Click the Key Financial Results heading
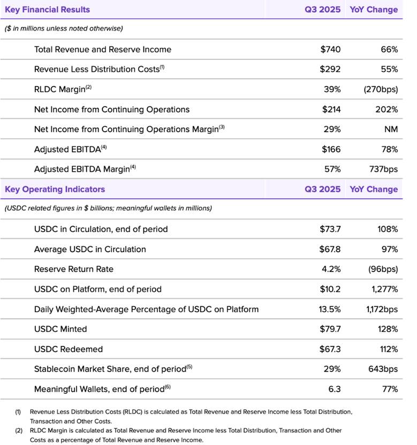pos(47,10)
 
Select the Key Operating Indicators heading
pos(55,189)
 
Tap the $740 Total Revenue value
pos(330,49)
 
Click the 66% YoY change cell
pos(389,49)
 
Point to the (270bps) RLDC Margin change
pos(380,89)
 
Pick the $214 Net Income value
pos(331,109)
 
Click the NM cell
pos(391,129)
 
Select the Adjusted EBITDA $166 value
pos(331,149)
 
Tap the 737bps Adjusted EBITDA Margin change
pos(383,169)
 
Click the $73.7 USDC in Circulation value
pos(330,229)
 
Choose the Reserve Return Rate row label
pos(74,269)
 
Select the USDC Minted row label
pos(60,329)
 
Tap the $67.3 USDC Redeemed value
pos(330,349)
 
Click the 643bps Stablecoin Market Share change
pos(383,369)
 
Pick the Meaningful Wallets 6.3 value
pos(335,389)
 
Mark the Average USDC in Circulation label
pos(90,249)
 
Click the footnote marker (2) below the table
pos(18,431)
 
